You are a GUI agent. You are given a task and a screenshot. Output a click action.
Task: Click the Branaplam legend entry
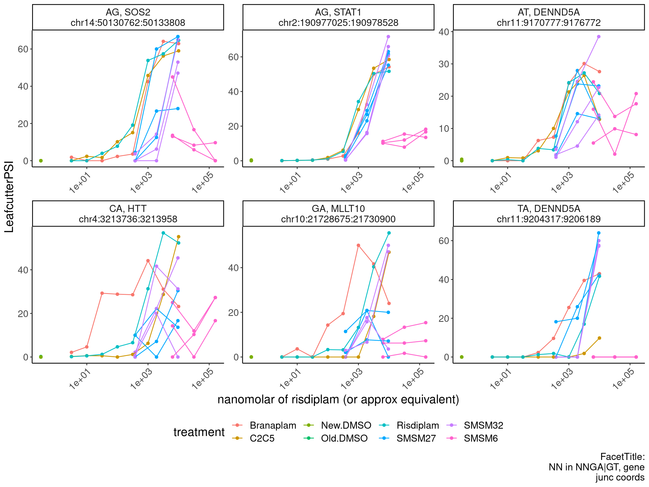(273, 425)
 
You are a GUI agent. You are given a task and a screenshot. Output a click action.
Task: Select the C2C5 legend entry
(262, 438)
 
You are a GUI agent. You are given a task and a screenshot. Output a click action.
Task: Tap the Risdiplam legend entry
(417, 425)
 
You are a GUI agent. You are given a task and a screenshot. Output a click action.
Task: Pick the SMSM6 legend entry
(481, 438)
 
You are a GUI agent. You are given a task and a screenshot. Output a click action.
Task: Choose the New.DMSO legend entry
(346, 425)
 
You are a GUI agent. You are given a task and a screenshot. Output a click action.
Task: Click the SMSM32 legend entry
(483, 425)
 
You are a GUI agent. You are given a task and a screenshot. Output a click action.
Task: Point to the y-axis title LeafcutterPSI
(9, 197)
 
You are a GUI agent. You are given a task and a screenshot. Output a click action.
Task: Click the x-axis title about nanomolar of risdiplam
(338, 400)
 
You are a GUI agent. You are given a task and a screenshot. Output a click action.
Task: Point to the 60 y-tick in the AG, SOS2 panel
(23, 49)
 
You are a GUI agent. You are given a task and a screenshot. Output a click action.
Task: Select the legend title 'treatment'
(199, 432)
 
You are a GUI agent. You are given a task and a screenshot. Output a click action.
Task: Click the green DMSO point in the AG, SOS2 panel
(41, 161)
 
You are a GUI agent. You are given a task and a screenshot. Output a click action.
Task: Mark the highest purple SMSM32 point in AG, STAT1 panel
(388, 37)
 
